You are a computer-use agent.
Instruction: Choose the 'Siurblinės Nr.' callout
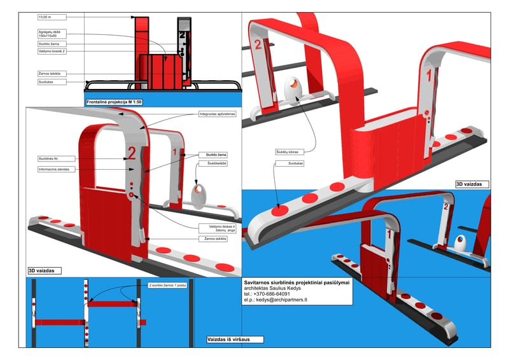[x=49, y=158]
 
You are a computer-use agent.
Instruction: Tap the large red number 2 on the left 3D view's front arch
[x=132, y=152]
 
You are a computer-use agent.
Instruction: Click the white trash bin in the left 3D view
[x=199, y=195]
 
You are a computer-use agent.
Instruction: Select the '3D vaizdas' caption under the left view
[x=44, y=270]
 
